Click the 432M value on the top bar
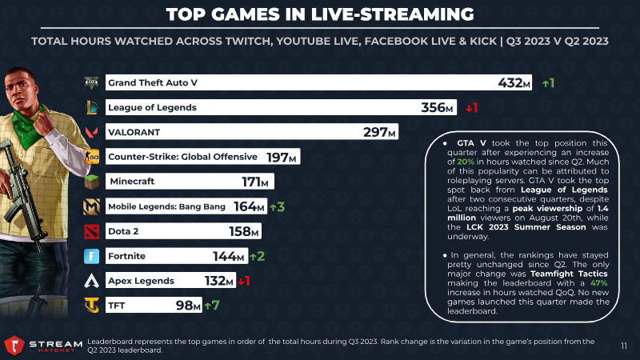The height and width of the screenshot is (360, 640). point(514,83)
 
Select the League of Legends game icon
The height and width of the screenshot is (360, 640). point(91,108)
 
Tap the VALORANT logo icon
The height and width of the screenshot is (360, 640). point(91,132)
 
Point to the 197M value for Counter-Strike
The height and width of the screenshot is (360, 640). point(282,157)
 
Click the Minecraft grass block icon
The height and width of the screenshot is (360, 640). point(91,182)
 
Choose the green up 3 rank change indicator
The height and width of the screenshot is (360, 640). point(277,207)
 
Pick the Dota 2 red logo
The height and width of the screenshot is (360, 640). point(91,231)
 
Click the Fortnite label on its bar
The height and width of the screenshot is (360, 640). point(126,256)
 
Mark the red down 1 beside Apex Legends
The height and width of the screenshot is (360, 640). point(244,281)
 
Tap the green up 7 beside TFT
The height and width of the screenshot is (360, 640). point(212,306)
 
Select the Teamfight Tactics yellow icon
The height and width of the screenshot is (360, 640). point(91,306)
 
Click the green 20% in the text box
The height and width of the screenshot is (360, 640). point(466,162)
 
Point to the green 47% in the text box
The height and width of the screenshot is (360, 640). point(598,283)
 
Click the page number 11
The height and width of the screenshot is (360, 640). point(624,346)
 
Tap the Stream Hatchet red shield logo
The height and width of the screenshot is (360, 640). point(14,346)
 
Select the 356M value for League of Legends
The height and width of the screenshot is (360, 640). point(437,108)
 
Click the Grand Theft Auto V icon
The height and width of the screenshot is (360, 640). point(91,83)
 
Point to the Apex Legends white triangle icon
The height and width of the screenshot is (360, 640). point(91,281)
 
